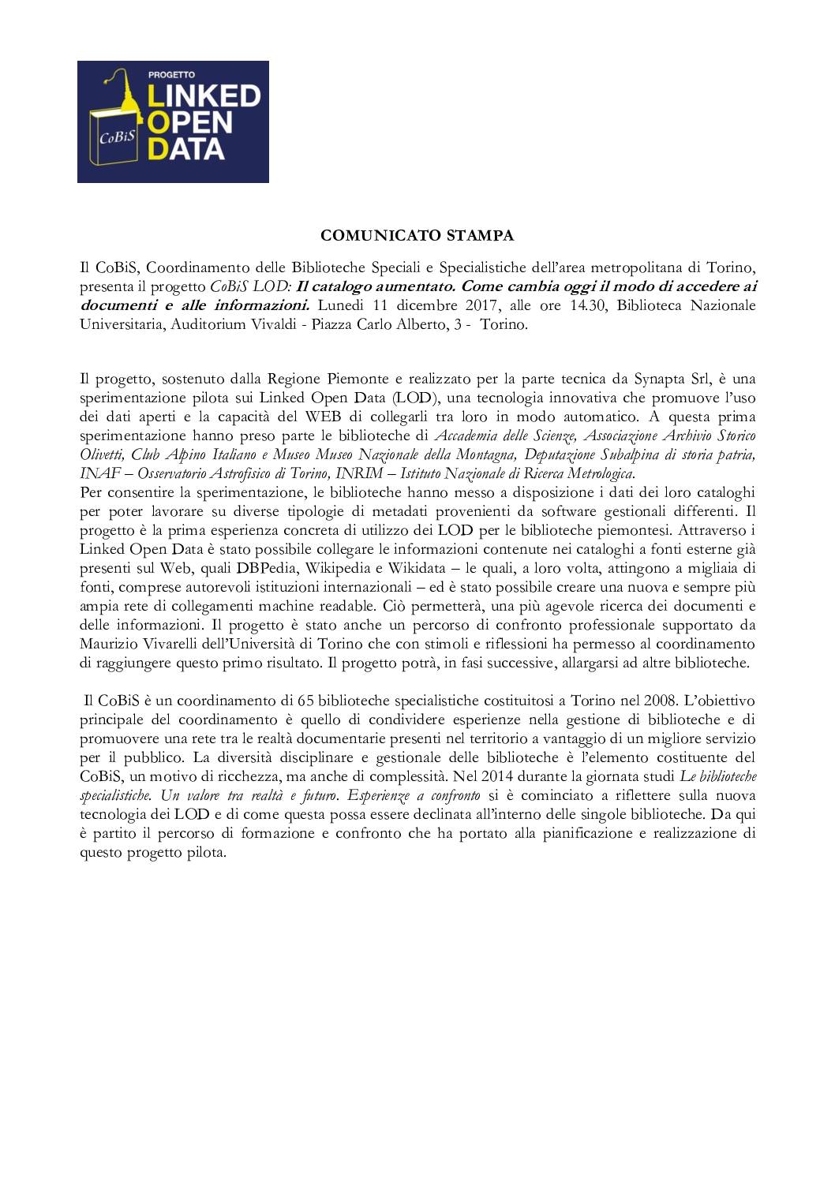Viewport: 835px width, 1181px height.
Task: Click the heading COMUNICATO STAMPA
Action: pyautogui.click(x=417, y=235)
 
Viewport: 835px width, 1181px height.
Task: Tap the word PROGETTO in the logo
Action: pyautogui.click(x=166, y=75)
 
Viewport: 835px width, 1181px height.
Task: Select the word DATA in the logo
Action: pyautogui.click(x=187, y=148)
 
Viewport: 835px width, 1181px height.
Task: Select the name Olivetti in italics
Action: pyautogui.click(x=103, y=454)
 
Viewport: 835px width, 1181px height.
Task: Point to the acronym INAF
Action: pyautogui.click(x=96, y=473)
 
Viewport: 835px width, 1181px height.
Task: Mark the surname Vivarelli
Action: pyautogui.click(x=162, y=644)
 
